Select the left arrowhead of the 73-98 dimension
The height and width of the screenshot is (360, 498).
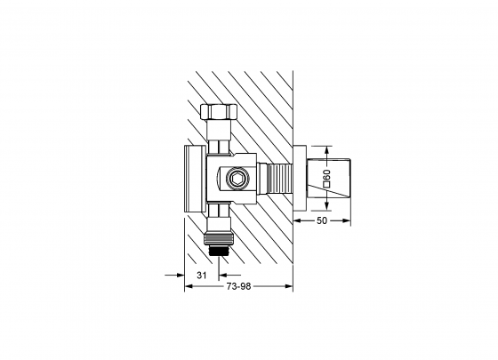tap(188, 286)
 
